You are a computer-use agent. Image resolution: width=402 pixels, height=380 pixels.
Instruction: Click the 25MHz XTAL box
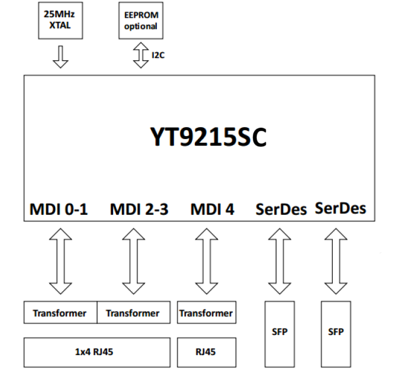[59, 21]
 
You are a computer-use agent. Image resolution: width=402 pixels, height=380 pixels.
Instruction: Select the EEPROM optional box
[140, 21]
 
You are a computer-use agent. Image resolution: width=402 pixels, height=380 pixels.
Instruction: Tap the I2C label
[157, 56]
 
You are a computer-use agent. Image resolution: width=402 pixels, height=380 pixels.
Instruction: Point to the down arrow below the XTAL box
[60, 56]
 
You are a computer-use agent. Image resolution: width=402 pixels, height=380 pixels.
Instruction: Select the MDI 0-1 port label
[59, 209]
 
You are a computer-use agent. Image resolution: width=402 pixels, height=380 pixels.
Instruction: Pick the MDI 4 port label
[212, 209]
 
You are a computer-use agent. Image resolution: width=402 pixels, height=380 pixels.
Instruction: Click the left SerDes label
[281, 209]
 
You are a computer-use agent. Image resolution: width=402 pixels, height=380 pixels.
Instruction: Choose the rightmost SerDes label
[340, 208]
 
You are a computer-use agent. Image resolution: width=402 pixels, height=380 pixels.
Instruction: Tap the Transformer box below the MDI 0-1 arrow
[59, 313]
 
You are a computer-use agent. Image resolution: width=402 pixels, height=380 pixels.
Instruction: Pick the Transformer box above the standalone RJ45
[206, 313]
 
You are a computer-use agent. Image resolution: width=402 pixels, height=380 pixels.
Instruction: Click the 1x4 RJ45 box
[95, 352]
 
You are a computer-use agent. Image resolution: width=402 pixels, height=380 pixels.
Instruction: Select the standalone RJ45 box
[206, 352]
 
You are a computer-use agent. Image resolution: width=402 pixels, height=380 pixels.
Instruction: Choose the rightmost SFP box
[336, 332]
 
